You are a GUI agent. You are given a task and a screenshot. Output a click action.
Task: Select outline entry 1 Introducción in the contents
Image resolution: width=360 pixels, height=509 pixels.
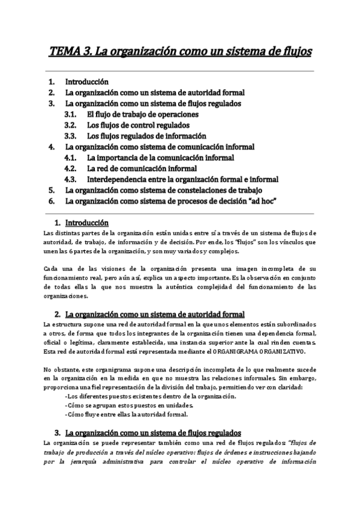tap(87, 81)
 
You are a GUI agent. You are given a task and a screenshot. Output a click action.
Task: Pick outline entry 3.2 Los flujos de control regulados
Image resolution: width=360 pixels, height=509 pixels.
tap(138, 125)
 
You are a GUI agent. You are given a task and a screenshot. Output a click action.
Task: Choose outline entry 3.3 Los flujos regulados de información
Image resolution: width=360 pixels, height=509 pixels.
tap(146, 136)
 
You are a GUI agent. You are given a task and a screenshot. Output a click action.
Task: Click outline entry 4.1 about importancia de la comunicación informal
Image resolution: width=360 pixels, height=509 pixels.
tap(160, 157)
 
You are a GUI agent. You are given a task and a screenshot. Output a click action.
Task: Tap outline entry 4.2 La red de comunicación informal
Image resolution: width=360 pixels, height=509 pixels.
tap(142, 168)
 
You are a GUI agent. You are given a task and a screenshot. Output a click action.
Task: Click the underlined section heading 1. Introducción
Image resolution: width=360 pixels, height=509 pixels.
tap(86, 222)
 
